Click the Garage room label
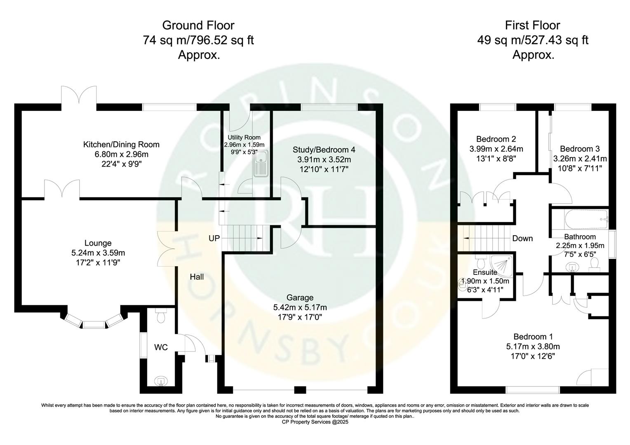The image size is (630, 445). [x=300, y=297]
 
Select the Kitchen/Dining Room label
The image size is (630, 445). [x=121, y=145]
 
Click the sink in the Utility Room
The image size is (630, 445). [x=261, y=162]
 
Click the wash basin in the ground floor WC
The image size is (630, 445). [x=160, y=382]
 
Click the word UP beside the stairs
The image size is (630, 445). [x=214, y=238]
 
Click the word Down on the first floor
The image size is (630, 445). [x=522, y=238]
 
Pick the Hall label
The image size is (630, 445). [x=197, y=277]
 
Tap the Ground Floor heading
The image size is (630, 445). [x=198, y=26]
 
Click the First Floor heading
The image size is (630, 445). [x=533, y=26]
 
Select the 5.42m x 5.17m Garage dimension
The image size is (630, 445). [x=300, y=307]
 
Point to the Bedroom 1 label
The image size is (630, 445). [x=533, y=337]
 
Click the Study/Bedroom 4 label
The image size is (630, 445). [x=324, y=150]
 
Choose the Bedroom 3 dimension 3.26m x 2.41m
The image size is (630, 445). [x=580, y=159]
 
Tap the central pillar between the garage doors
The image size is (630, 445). [x=300, y=389]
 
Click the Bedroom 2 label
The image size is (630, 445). [x=496, y=139]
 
